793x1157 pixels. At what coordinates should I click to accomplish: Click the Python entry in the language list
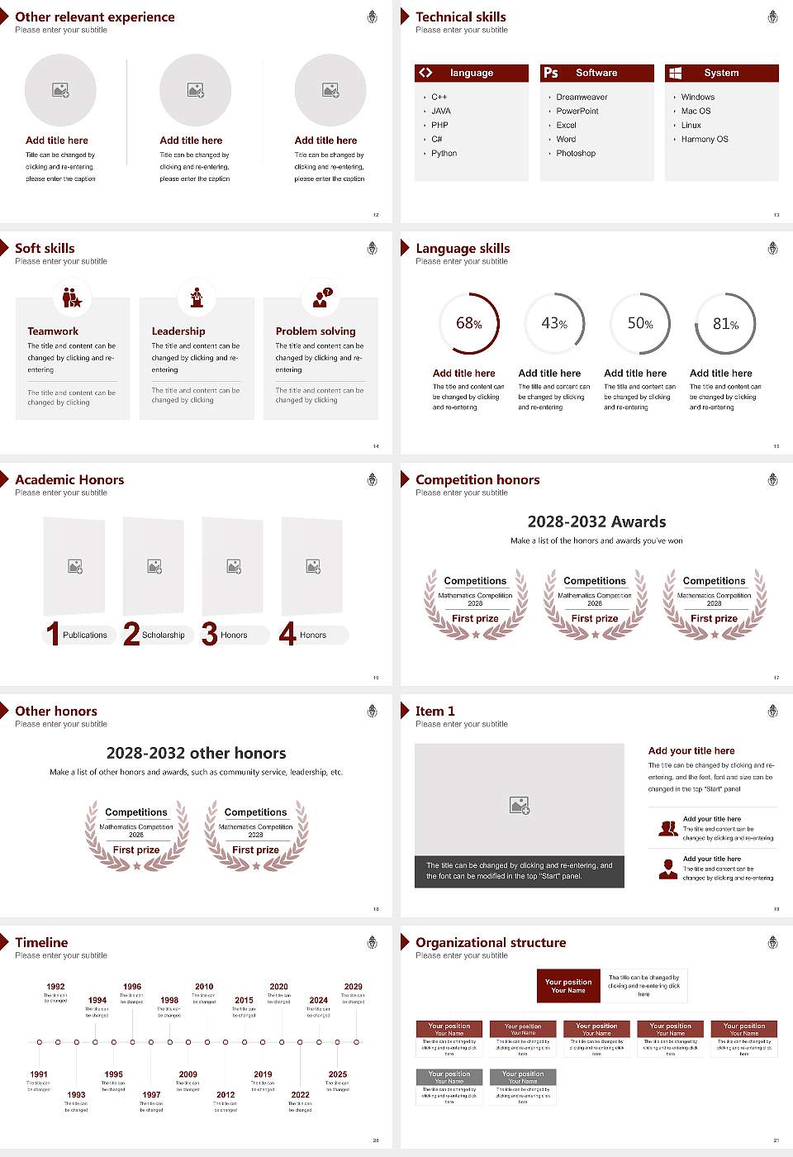[x=444, y=154]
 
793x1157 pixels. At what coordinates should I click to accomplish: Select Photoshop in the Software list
[x=575, y=154]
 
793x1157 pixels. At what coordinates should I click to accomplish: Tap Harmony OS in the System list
[x=705, y=140]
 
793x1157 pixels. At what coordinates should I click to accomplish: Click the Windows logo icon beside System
[x=675, y=73]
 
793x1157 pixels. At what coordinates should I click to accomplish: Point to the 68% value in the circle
[x=468, y=323]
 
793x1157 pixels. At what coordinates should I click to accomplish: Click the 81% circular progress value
[x=725, y=324]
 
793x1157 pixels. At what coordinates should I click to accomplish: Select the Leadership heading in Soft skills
[x=178, y=331]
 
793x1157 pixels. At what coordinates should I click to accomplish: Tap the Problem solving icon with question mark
[x=321, y=298]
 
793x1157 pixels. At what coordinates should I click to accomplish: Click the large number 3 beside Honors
[x=210, y=634]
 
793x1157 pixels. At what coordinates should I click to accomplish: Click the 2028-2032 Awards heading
[x=596, y=522]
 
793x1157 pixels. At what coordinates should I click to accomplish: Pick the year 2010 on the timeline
[x=204, y=987]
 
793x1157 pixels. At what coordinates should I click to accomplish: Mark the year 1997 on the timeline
[x=151, y=1095]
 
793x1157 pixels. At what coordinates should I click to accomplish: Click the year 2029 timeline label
[x=353, y=987]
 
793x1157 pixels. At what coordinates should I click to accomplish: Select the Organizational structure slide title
[x=491, y=943]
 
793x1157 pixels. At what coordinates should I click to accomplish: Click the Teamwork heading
[x=53, y=331]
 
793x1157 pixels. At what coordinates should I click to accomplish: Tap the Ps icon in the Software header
[x=551, y=73]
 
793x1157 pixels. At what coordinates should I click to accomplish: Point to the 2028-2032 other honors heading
[x=196, y=754]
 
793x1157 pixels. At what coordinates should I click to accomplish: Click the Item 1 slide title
[x=434, y=712]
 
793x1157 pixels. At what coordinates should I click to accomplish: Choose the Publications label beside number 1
[x=84, y=636]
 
